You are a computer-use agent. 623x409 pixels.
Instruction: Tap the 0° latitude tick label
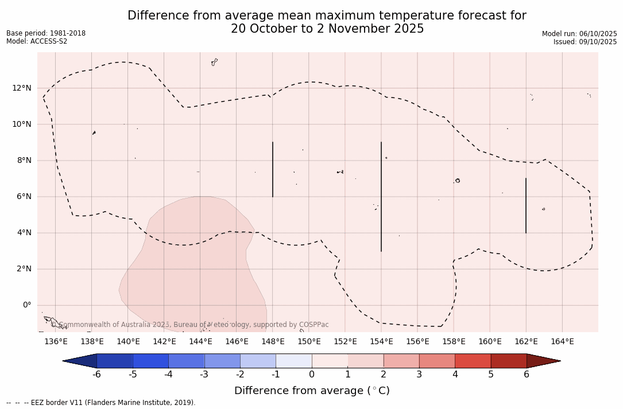(26, 305)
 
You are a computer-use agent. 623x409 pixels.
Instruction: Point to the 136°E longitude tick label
(56, 342)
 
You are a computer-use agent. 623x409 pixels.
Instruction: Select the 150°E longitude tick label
(309, 342)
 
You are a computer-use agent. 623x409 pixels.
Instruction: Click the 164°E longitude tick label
(562, 342)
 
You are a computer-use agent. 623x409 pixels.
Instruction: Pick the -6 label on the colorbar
(96, 375)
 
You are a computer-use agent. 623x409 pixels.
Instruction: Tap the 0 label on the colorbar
(312, 375)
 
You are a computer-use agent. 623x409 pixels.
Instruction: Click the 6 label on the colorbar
(527, 375)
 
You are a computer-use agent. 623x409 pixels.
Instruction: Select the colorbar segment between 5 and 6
(509, 361)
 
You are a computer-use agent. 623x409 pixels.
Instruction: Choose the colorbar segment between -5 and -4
(150, 361)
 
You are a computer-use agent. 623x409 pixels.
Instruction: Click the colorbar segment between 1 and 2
(366, 361)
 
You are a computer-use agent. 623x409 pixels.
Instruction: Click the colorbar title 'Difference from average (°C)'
(312, 391)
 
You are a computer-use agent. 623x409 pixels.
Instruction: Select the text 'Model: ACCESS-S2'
(37, 41)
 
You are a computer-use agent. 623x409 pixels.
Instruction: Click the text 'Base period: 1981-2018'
(46, 33)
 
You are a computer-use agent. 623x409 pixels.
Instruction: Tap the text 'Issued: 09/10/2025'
(585, 42)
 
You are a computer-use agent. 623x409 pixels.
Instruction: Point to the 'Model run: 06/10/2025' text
(579, 34)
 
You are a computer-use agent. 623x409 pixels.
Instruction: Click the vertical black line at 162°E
(526, 205)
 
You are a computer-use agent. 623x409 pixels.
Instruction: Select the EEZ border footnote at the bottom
(101, 403)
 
